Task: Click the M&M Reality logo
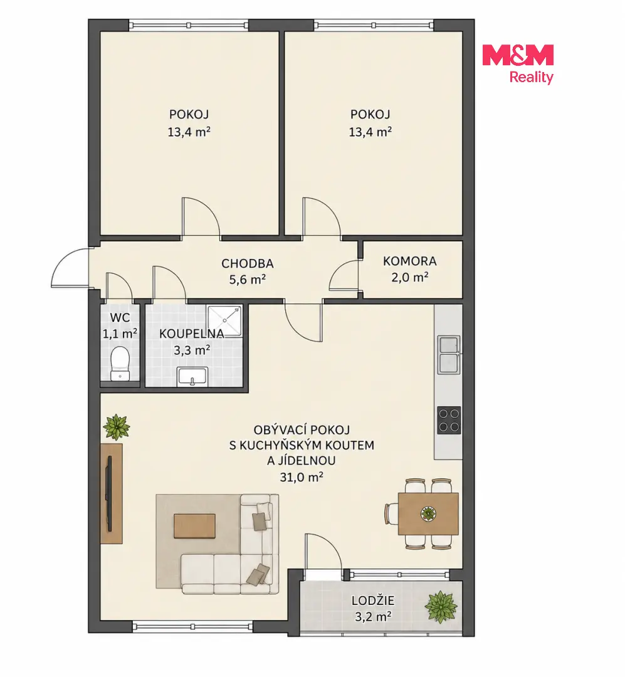(518, 64)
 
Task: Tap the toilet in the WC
(120, 364)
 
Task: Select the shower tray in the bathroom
(224, 321)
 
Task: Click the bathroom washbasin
(192, 377)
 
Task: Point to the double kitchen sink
(449, 355)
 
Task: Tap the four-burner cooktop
(449, 420)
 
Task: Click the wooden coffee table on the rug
(194, 525)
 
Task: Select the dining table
(428, 514)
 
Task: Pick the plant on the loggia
(441, 607)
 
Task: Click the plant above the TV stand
(116, 427)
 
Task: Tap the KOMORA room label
(409, 261)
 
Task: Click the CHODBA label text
(248, 263)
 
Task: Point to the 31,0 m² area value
(302, 476)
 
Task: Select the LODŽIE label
(373, 601)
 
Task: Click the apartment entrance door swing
(70, 268)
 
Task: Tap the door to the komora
(344, 275)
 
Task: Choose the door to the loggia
(323, 552)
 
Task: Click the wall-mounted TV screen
(110, 493)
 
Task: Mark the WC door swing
(119, 286)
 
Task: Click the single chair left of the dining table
(391, 514)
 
